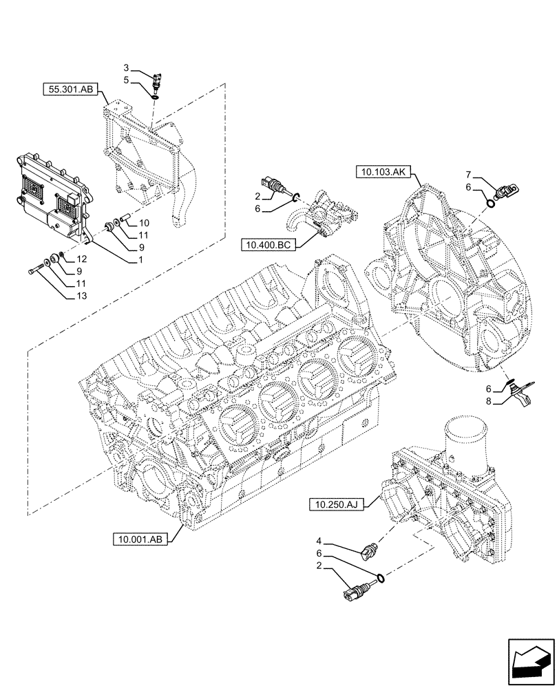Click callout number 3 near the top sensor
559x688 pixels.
(x=126, y=67)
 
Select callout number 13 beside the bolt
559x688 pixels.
(x=82, y=296)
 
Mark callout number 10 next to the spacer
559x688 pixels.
(x=143, y=223)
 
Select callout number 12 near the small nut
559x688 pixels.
(x=82, y=259)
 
